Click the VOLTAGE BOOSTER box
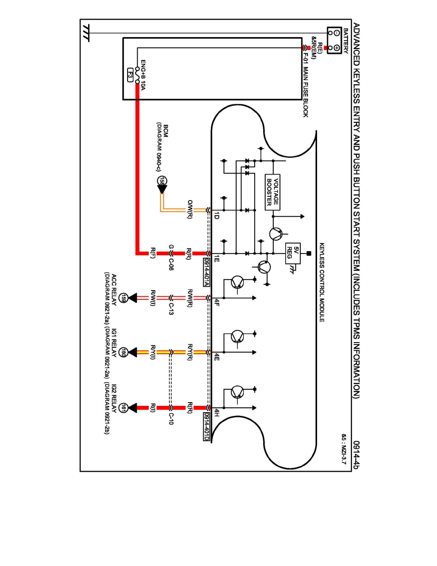coord(272,192)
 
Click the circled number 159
coord(124,298)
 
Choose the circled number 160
coord(124,353)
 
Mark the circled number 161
coord(124,408)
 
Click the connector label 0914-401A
coord(206,271)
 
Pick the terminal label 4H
coord(217,413)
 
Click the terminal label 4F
coord(217,303)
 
